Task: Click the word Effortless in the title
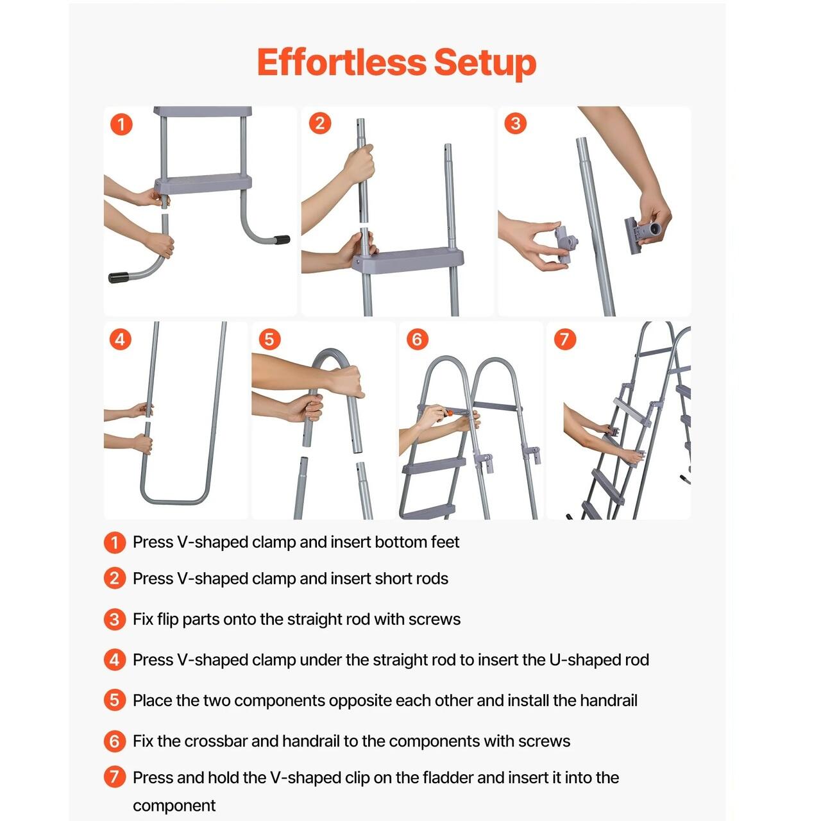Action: pos(341,62)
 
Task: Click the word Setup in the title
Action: pos(485,64)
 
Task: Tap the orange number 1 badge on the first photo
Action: pos(121,124)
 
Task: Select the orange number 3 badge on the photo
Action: pos(515,124)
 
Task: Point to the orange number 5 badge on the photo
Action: pos(269,339)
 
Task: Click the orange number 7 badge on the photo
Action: pos(564,339)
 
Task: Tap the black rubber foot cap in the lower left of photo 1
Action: pos(118,277)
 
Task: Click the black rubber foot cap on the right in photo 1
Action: pos(282,240)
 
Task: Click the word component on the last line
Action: pos(174,806)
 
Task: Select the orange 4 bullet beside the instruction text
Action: pos(115,660)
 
